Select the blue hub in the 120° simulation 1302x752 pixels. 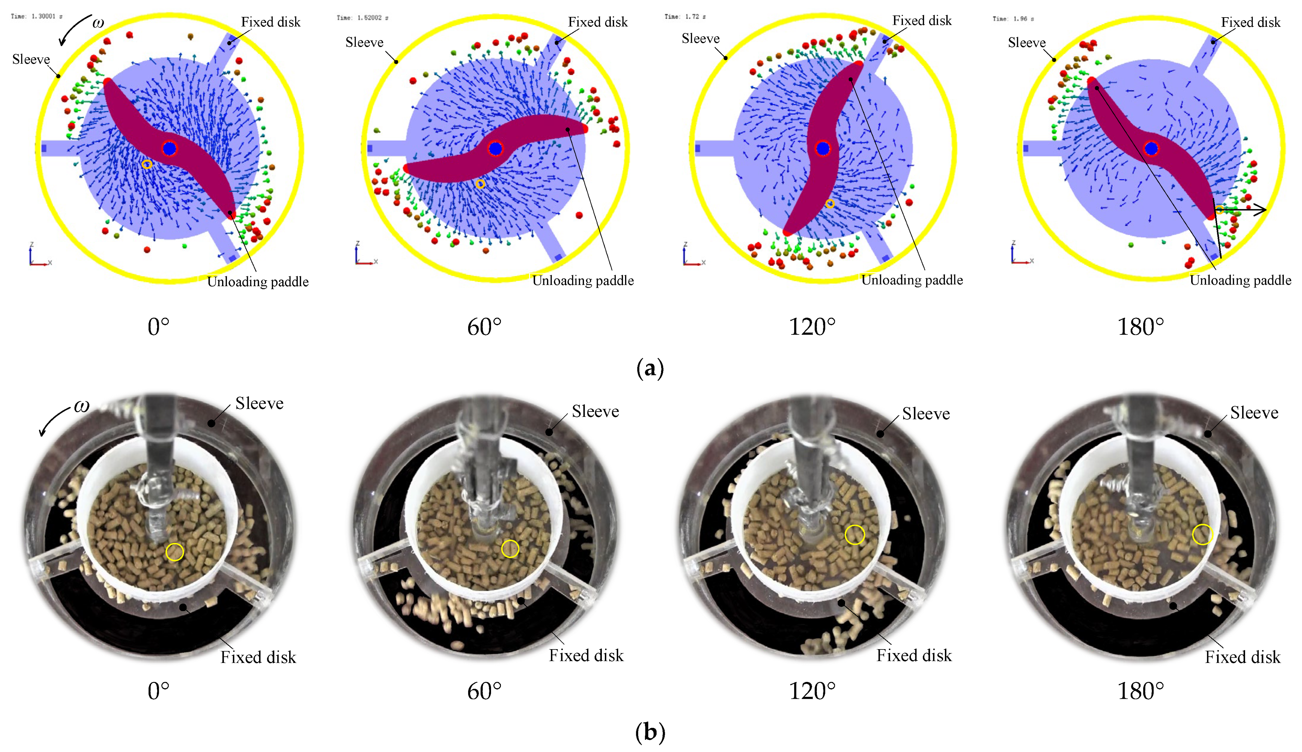[x=823, y=149]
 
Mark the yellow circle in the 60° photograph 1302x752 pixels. [x=510, y=549]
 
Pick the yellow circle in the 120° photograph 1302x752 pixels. [x=855, y=535]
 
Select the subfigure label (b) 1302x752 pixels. [x=650, y=732]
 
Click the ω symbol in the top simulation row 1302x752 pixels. [x=98, y=23]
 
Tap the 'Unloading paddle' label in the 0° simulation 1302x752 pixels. [x=258, y=282]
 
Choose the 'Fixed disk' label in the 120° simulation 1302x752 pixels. [x=922, y=21]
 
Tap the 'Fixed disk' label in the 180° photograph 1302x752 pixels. [x=1242, y=657]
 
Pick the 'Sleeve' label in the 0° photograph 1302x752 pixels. [x=259, y=403]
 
